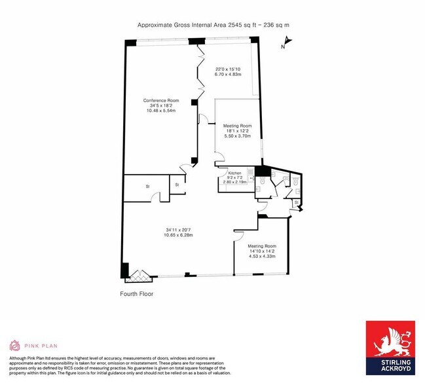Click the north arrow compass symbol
pyautogui.click(x=286, y=44)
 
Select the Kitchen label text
pyautogui.click(x=234, y=172)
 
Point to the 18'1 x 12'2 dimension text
pyautogui.click(x=238, y=131)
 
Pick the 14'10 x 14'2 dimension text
pyautogui.click(x=262, y=251)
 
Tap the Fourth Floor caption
pyautogui.click(x=136, y=294)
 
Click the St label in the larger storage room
pyautogui.click(x=148, y=187)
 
